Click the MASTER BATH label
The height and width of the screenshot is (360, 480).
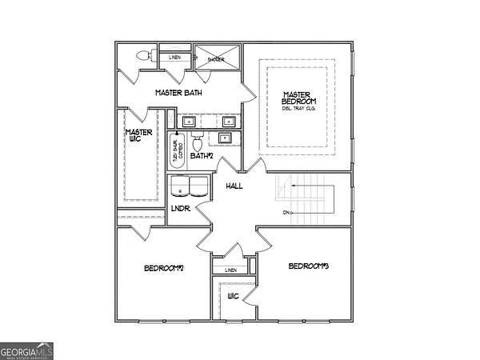178,93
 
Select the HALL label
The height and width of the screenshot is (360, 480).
234,186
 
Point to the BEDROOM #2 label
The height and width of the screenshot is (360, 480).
165,268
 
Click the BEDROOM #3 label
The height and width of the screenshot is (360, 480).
310,266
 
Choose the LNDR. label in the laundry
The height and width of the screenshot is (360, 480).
180,209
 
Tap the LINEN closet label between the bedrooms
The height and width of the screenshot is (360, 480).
231,270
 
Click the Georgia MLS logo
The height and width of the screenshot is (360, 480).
27,350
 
